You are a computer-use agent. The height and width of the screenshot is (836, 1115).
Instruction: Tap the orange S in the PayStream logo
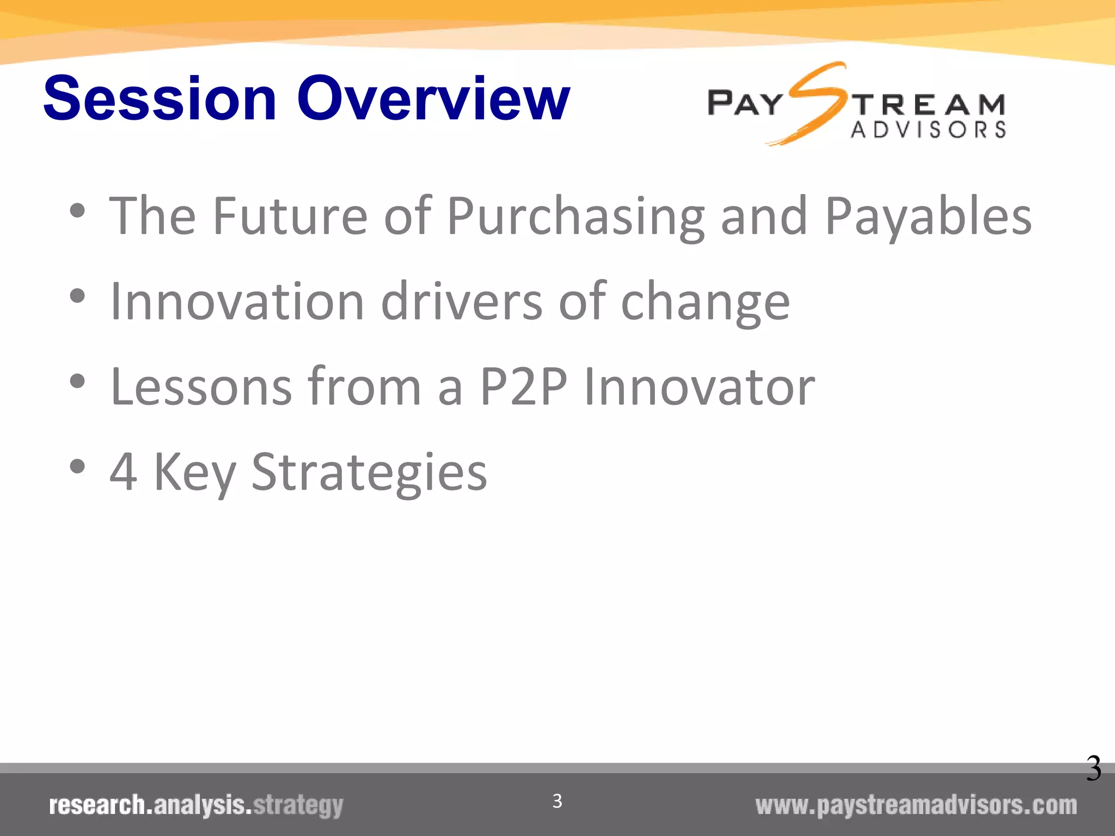(814, 103)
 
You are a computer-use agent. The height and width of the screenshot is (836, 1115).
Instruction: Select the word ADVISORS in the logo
(928, 130)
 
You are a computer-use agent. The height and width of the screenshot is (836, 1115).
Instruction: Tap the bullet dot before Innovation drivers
(78, 296)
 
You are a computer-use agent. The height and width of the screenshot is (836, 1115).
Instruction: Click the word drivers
(462, 302)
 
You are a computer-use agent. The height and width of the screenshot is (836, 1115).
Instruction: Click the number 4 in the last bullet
(123, 471)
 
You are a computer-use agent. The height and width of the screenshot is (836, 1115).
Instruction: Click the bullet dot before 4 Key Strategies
(78, 466)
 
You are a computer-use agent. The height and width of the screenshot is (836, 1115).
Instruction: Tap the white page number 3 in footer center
(557, 801)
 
